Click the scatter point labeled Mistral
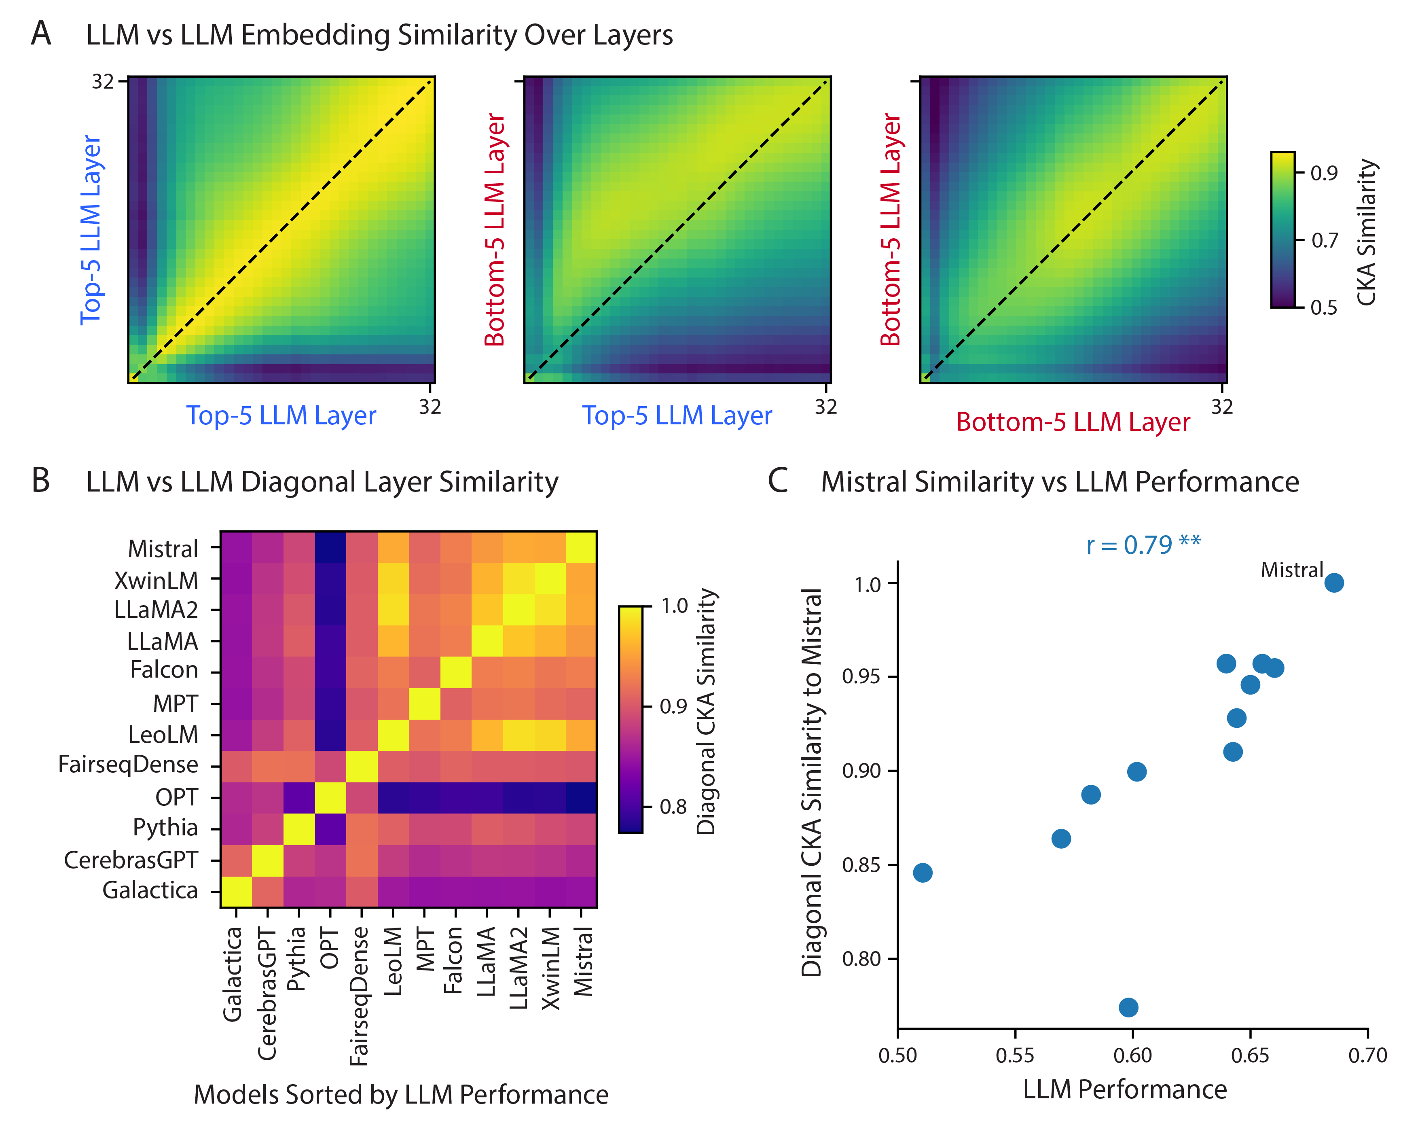pos(1333,583)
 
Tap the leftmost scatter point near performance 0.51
pos(923,873)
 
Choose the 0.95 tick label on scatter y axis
pos(861,676)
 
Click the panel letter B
pos(41,481)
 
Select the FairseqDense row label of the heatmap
pos(128,765)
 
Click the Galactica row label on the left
pos(150,890)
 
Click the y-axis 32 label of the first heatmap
pos(103,82)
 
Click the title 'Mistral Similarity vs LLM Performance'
pos(1059,482)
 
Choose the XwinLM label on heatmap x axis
pos(550,968)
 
